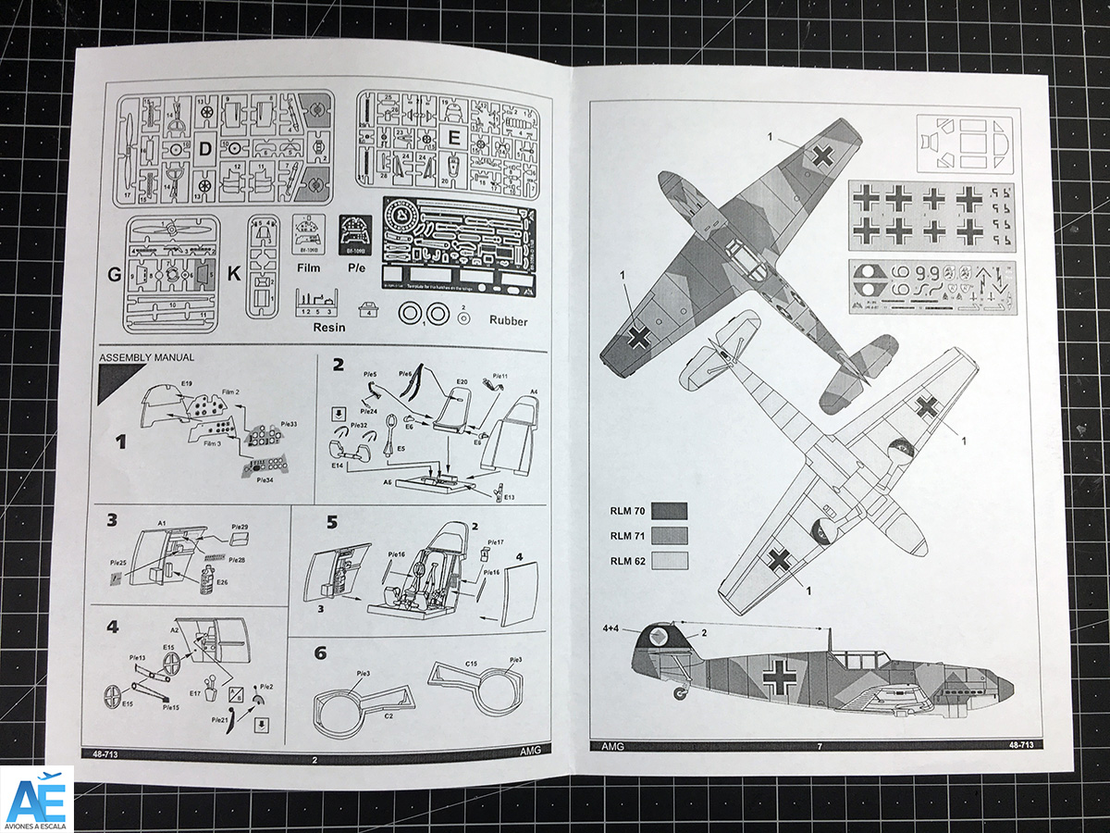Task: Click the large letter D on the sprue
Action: [x=205, y=148]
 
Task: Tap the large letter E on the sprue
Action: [x=453, y=138]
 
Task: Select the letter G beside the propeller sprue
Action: [x=115, y=274]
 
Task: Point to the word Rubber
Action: [x=510, y=321]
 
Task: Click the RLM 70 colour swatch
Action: [x=669, y=512]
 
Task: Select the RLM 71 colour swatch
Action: [x=669, y=536]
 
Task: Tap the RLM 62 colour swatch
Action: [x=669, y=561]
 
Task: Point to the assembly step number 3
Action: [x=112, y=520]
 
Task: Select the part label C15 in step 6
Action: [x=471, y=665]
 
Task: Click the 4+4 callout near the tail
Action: [x=610, y=628]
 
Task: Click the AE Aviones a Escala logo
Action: [x=37, y=798]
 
